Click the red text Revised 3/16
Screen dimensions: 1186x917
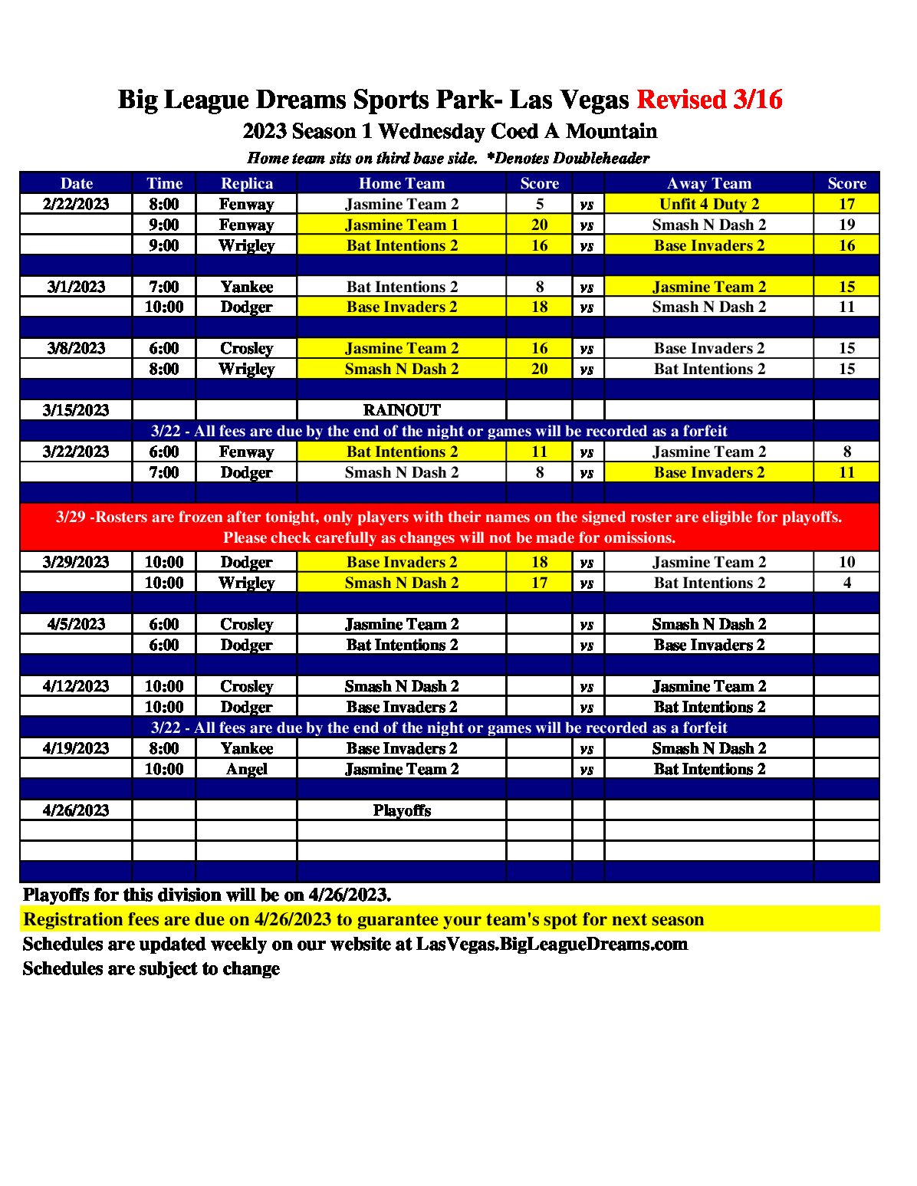click(709, 100)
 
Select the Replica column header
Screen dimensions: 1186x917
click(246, 183)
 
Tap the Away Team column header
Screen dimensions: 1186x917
click(708, 183)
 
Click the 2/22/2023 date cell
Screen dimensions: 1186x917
click(76, 204)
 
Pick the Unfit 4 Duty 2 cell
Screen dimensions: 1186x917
click(708, 204)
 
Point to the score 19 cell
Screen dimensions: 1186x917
click(846, 225)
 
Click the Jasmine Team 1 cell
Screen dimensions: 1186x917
click(401, 225)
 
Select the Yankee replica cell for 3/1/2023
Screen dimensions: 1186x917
click(246, 287)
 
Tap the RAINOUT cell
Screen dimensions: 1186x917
click(401, 410)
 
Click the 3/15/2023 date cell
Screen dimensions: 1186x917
click(76, 410)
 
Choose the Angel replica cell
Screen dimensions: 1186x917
click(246, 769)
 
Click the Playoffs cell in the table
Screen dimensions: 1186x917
click(401, 810)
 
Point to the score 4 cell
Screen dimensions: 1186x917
click(846, 583)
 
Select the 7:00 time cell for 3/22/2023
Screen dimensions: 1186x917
click(164, 472)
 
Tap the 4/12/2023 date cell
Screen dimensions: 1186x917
click(76, 686)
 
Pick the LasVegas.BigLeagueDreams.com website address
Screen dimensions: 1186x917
click(551, 944)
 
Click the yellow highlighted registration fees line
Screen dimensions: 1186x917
click(363, 919)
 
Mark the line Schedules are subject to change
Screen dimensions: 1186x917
click(151, 968)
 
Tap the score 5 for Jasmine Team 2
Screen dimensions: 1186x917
click(539, 204)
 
